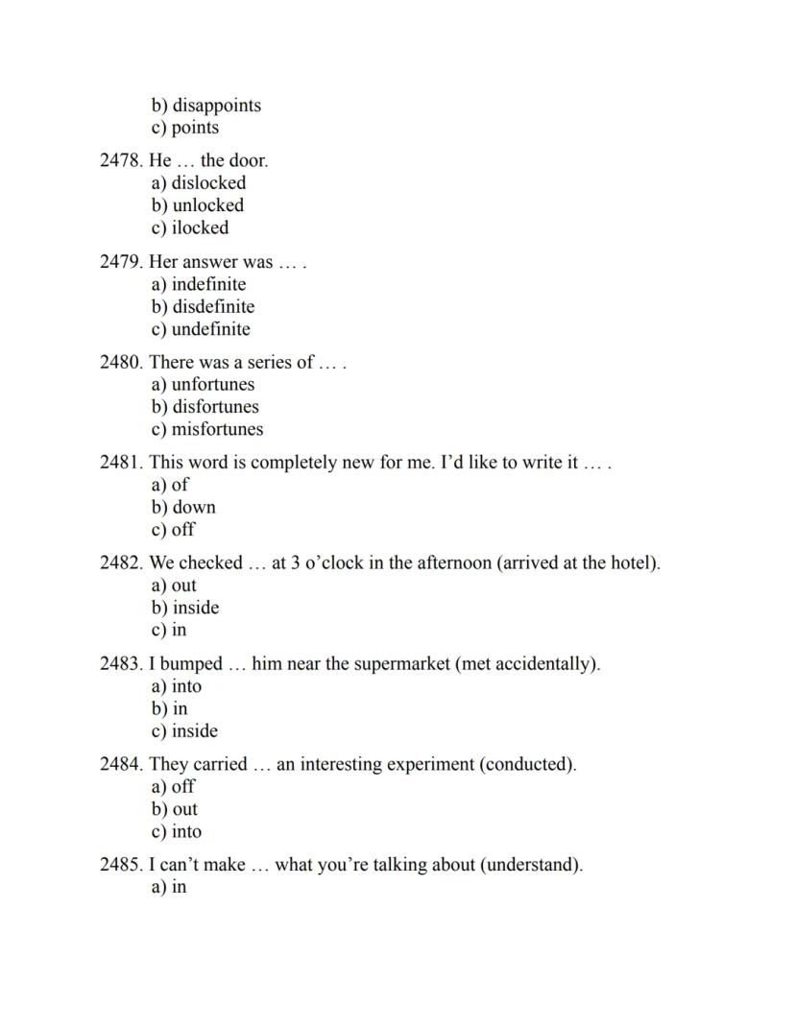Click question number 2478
121,160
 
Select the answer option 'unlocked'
207,205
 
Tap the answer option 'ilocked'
200,227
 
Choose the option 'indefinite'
208,284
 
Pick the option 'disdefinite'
213,307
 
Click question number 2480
121,362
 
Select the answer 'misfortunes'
217,429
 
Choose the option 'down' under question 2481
194,507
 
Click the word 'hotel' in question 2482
633,562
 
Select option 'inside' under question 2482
196,608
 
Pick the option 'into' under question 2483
186,686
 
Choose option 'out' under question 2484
184,809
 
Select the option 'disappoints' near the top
216,106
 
